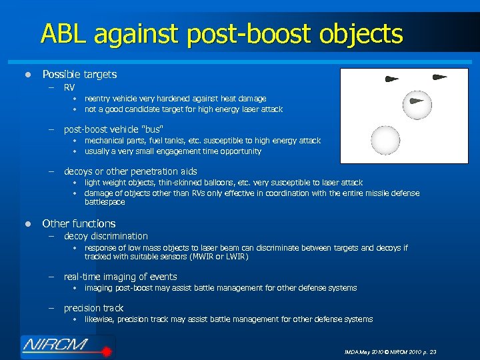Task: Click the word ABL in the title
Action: coord(65,33)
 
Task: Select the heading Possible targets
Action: coord(79,74)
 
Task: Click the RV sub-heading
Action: coord(69,87)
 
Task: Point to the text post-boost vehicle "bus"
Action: coord(113,129)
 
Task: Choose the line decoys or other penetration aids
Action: coord(130,171)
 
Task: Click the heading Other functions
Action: coord(79,223)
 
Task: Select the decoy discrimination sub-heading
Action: coord(105,236)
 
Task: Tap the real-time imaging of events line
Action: coord(120,277)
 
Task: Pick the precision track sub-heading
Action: coord(93,308)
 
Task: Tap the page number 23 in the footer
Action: coord(433,351)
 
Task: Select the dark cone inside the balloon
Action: coord(416,101)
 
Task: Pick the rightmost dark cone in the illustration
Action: coord(439,77)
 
